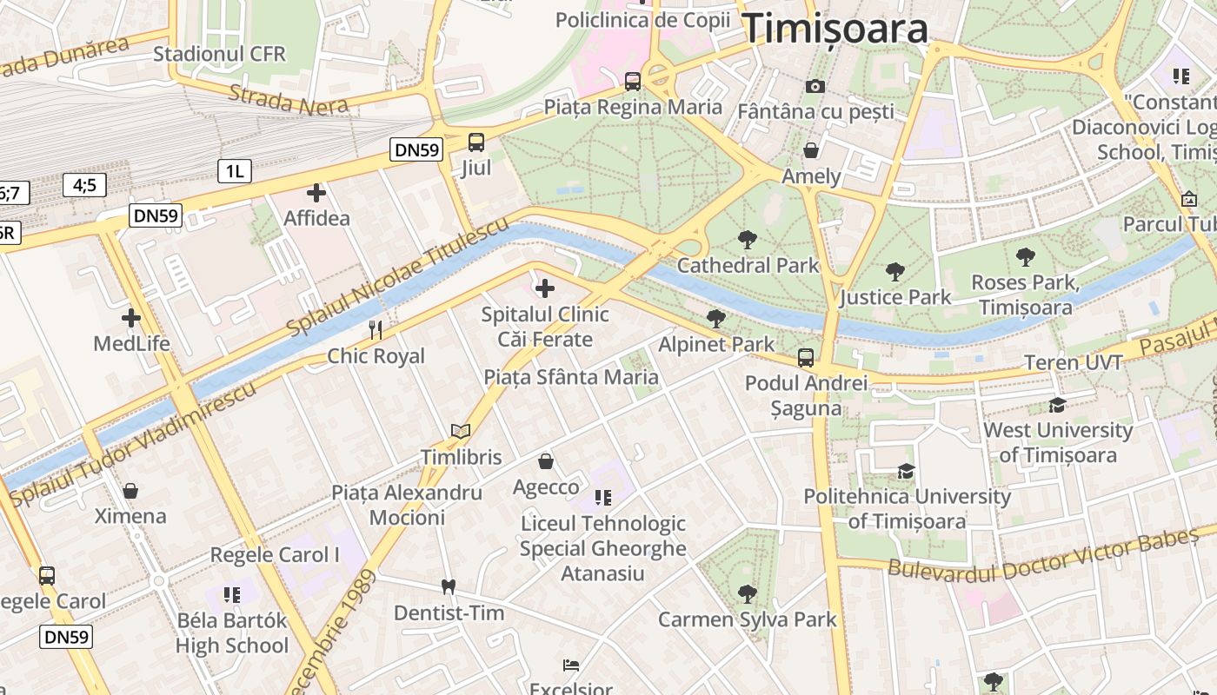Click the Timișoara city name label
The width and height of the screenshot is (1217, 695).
click(x=835, y=29)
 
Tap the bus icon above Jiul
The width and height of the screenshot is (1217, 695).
click(x=476, y=142)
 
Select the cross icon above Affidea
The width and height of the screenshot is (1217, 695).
click(x=316, y=193)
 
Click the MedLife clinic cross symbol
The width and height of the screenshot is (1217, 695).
click(x=131, y=318)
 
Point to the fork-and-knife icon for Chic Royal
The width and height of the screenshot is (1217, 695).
click(x=376, y=330)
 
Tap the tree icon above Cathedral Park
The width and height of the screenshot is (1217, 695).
click(x=747, y=240)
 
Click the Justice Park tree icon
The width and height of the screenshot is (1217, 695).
click(x=895, y=272)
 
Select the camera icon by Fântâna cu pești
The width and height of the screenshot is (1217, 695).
click(x=815, y=86)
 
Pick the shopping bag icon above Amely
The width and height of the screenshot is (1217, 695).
click(x=811, y=150)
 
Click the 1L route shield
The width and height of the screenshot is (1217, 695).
click(x=235, y=171)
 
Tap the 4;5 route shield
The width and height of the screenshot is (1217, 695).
click(x=84, y=184)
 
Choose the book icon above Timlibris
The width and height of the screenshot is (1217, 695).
click(x=461, y=431)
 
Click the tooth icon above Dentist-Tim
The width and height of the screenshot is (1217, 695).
click(x=449, y=587)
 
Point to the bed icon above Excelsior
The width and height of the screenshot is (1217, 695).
click(x=571, y=665)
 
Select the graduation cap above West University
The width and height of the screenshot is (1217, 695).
click(x=1057, y=405)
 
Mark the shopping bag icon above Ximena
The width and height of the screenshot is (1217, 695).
click(x=130, y=491)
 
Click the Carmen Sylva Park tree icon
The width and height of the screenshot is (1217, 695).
click(x=747, y=594)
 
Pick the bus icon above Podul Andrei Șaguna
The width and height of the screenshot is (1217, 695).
click(x=806, y=358)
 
